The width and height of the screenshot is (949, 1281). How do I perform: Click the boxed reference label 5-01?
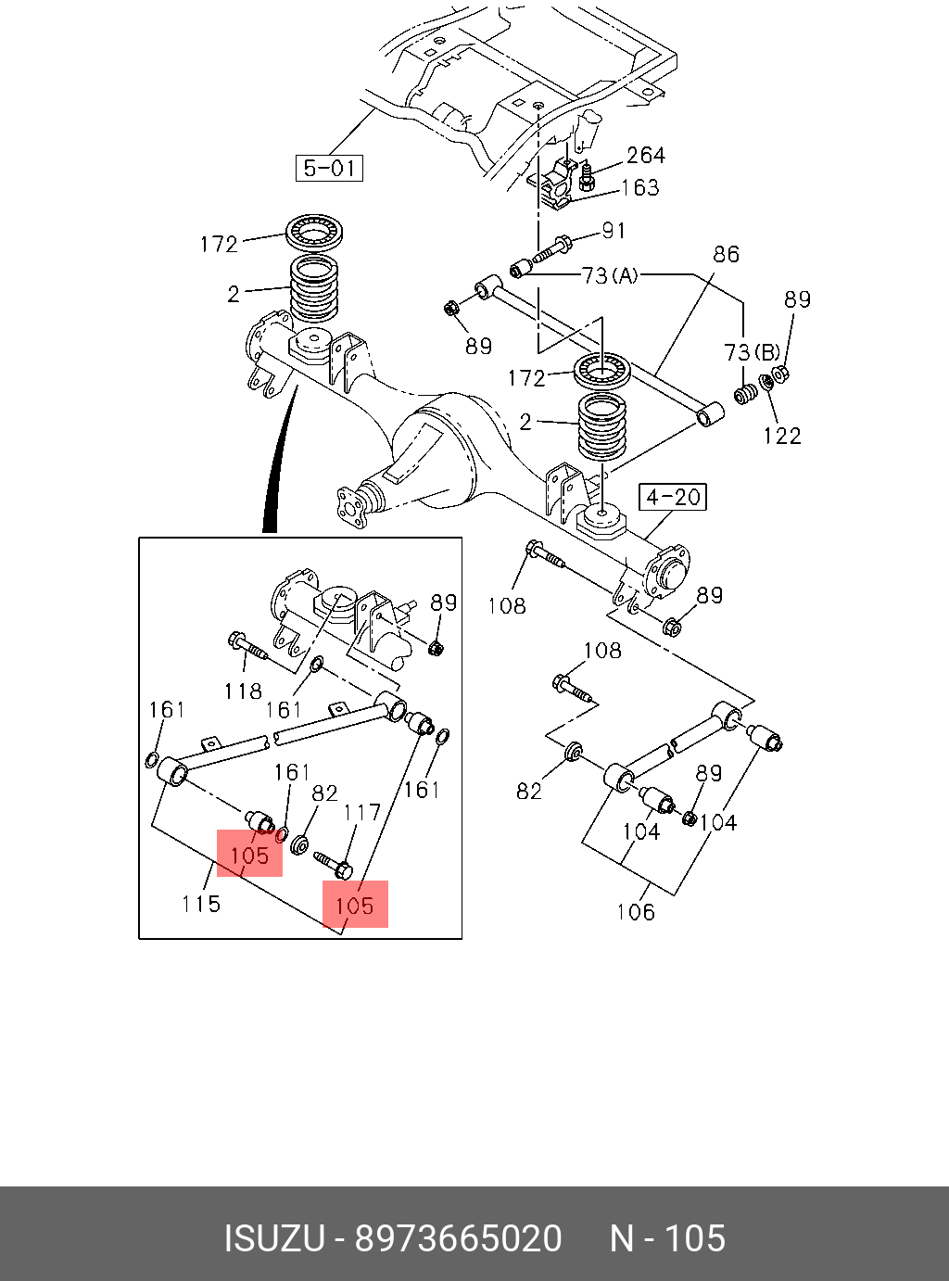point(329,168)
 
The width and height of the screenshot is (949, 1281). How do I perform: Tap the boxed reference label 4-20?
point(673,497)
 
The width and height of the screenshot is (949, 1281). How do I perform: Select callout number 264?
point(646,155)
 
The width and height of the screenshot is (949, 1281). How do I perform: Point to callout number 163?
point(640,187)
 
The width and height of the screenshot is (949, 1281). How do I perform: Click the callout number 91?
point(614,231)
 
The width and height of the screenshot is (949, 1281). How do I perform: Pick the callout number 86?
point(726,254)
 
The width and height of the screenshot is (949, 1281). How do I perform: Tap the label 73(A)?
point(610,275)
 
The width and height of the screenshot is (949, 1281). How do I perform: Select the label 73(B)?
point(752,351)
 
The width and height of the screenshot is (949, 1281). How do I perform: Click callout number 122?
point(782,436)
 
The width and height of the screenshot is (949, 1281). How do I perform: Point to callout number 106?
point(636,912)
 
